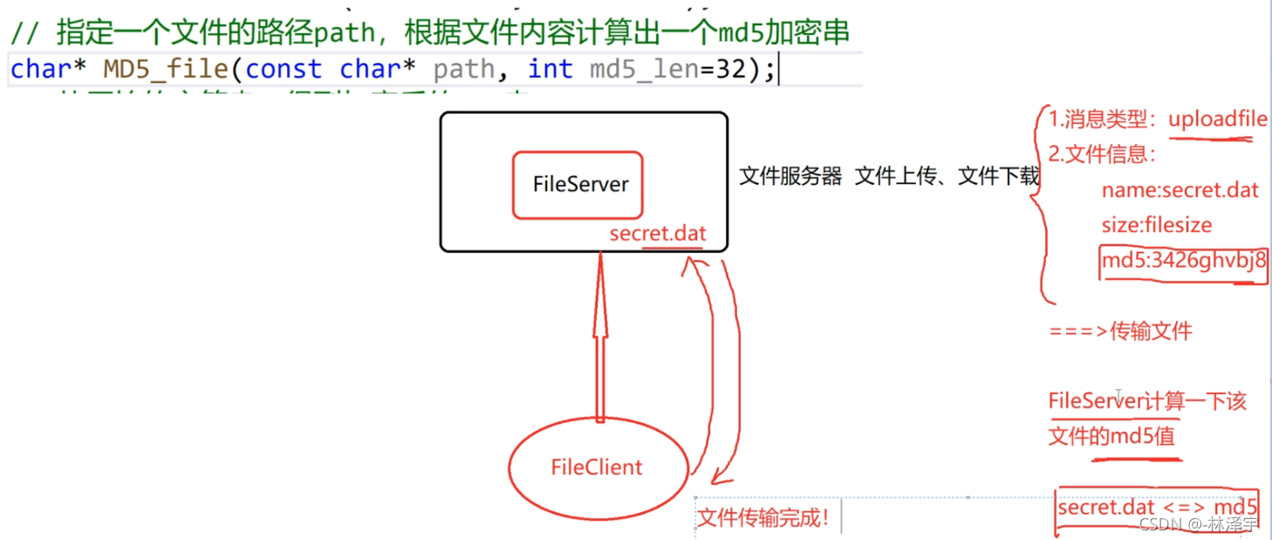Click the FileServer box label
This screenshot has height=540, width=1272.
click(580, 185)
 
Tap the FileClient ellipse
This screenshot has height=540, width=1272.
click(596, 467)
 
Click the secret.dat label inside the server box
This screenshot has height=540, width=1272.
click(657, 234)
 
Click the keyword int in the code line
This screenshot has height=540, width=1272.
click(550, 69)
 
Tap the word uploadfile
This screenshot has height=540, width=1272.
click(1217, 120)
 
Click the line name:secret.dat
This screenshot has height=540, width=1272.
click(1180, 189)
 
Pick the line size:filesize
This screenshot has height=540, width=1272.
click(1157, 225)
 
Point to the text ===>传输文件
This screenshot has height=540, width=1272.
click(1120, 331)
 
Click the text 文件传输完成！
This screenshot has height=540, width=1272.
click(763, 519)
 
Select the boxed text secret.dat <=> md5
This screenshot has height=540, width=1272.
click(1158, 508)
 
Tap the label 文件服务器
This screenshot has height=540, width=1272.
click(790, 176)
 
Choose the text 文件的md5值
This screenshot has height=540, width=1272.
click(1111, 436)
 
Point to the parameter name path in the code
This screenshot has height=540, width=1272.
click(463, 69)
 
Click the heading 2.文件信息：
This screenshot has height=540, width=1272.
click(1102, 154)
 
